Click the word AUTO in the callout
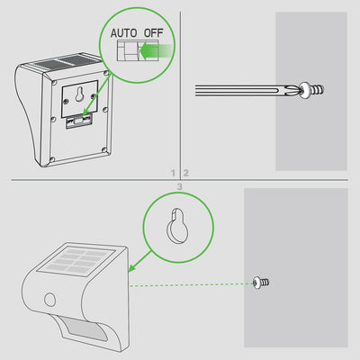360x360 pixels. pyautogui.click(x=122, y=33)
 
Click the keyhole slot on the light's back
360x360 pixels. pyautogui.click(x=83, y=94)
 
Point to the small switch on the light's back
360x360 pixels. pyautogui.click(x=82, y=118)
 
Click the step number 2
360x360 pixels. pyautogui.click(x=186, y=171)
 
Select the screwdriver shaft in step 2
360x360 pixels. pyautogui.click(x=243, y=88)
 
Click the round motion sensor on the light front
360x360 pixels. pyautogui.click(x=51, y=300)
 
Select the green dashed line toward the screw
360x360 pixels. pyautogui.click(x=193, y=284)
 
